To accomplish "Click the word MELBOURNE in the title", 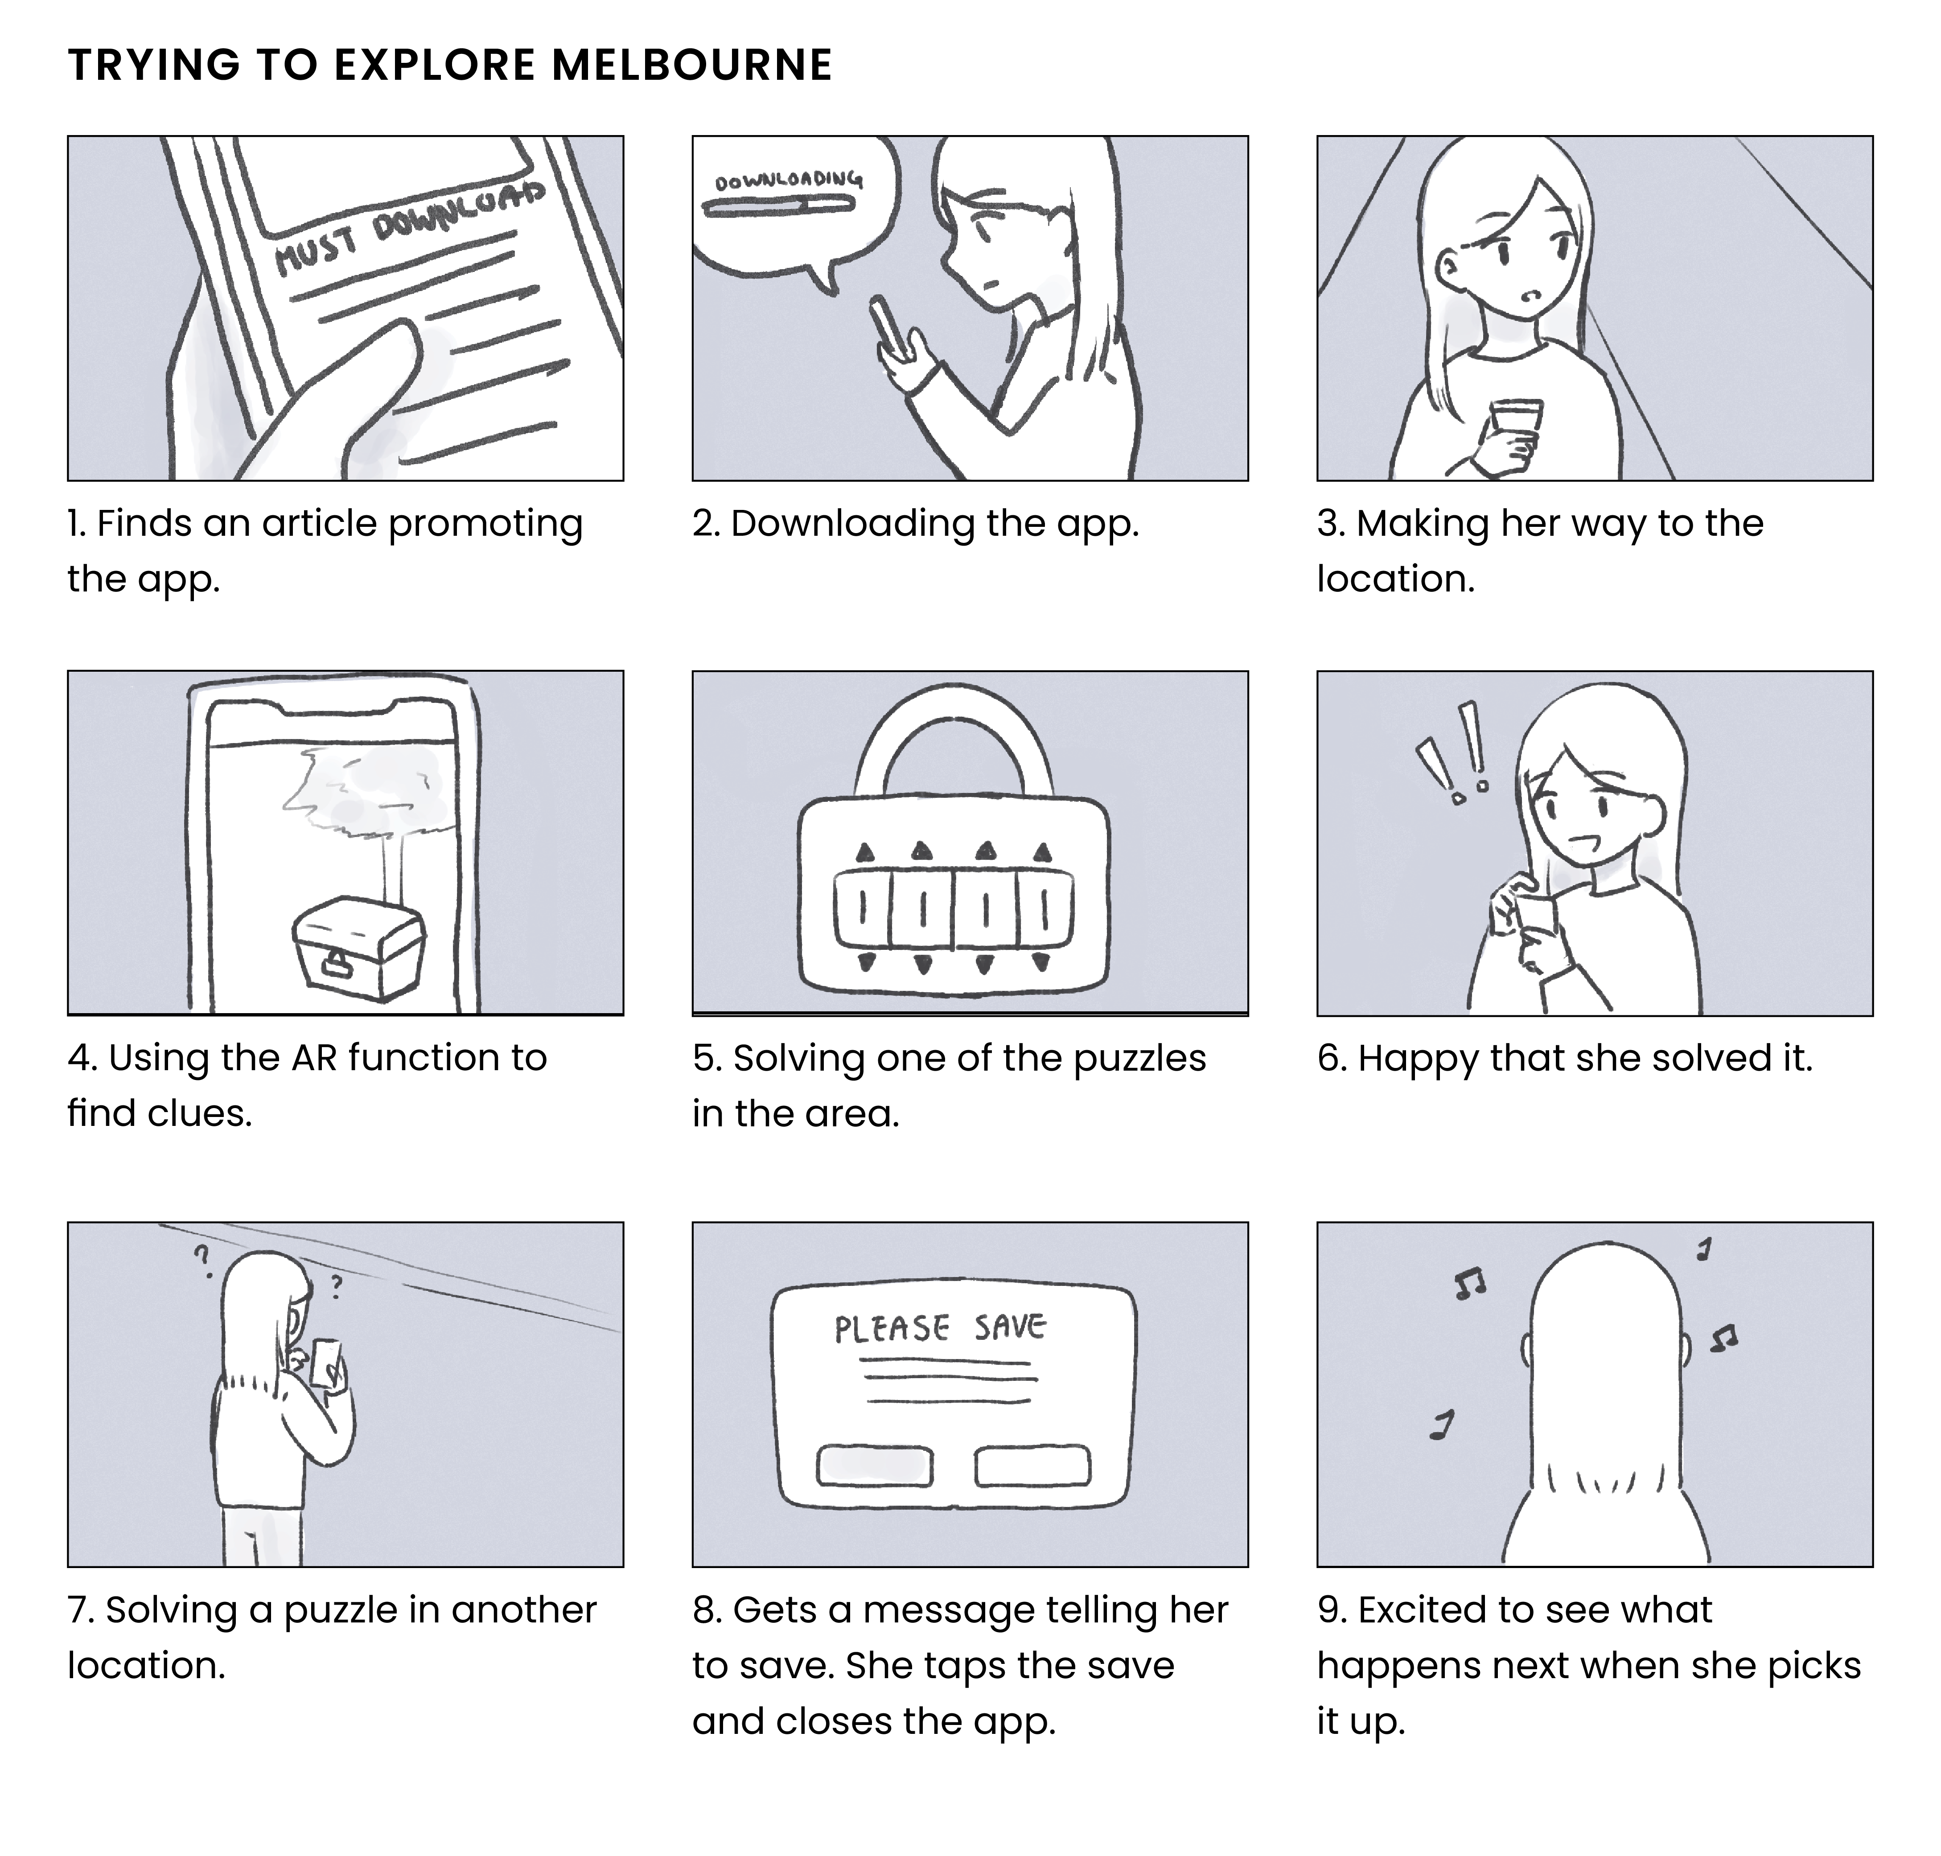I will click(x=691, y=65).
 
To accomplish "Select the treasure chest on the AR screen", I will click(x=358, y=941).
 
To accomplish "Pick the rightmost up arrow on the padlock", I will click(x=1042, y=853).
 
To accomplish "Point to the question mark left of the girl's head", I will click(x=203, y=1260).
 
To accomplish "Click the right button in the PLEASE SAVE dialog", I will click(x=1032, y=1465).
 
